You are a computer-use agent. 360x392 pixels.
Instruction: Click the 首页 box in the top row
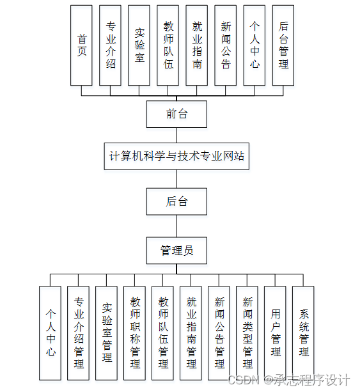click(x=82, y=45)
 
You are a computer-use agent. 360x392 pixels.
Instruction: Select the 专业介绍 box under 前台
click(x=111, y=45)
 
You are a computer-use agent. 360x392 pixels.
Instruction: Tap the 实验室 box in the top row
click(x=139, y=45)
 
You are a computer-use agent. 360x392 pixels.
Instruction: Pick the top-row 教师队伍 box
click(x=168, y=45)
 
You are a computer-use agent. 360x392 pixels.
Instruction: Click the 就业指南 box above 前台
click(x=197, y=45)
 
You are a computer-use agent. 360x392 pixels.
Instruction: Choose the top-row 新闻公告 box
click(x=226, y=45)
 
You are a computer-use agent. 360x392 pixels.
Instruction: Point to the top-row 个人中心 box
click(x=254, y=45)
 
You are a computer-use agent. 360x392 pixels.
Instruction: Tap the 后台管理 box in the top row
click(x=283, y=45)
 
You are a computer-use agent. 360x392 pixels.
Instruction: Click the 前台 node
click(x=176, y=114)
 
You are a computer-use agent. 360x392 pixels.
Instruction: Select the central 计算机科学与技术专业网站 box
click(x=176, y=155)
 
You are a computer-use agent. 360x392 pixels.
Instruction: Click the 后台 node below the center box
click(x=176, y=201)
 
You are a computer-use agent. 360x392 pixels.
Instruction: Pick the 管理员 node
click(x=176, y=251)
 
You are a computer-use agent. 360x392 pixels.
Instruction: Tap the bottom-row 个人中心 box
click(x=51, y=333)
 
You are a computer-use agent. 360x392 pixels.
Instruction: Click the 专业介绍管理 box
click(x=79, y=333)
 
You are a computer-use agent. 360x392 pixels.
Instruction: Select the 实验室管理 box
click(x=107, y=333)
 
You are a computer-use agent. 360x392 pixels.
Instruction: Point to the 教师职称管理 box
click(x=135, y=333)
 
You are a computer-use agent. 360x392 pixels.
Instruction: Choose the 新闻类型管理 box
click(x=247, y=333)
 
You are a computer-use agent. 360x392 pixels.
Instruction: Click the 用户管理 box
click(x=276, y=333)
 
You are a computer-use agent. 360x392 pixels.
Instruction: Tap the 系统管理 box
click(x=304, y=333)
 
